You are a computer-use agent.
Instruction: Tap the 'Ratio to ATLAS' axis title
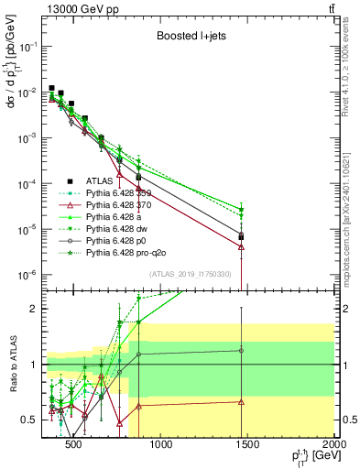point(16,364)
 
